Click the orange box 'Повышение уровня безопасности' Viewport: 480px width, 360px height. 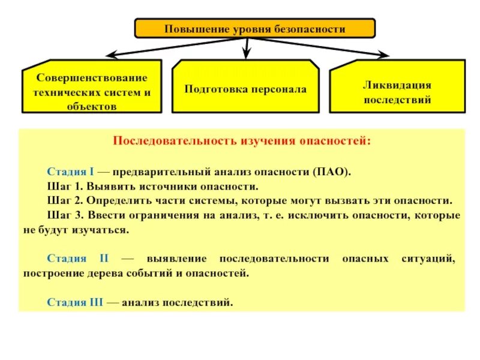click(x=255, y=28)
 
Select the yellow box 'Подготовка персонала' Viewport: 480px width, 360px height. click(x=245, y=89)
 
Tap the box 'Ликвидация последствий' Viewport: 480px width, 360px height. click(x=397, y=92)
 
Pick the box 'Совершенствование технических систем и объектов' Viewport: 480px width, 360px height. click(x=92, y=92)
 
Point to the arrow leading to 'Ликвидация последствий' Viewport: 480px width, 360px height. click(x=324, y=47)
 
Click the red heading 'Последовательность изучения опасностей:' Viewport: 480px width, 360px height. click(x=242, y=141)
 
